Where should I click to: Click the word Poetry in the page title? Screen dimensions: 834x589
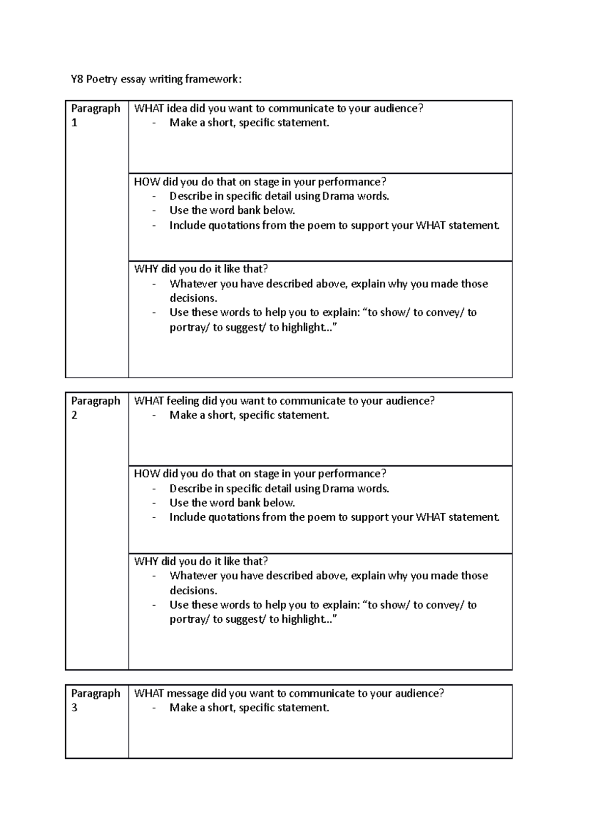102,79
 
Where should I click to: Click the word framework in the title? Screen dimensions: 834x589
213,79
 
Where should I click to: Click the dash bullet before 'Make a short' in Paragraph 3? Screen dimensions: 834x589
155,708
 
